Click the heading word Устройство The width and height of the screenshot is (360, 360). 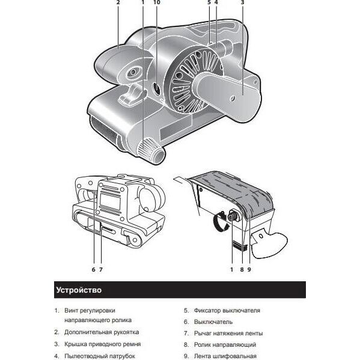pyautogui.click(x=79, y=290)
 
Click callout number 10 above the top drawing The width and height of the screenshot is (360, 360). pyautogui.click(x=157, y=2)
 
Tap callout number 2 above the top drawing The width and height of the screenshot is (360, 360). pyautogui.click(x=118, y=2)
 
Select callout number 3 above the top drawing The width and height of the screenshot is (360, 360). pyautogui.click(x=242, y=2)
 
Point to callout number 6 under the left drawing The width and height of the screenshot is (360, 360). pyautogui.click(x=93, y=269)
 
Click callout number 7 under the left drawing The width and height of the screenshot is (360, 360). pyautogui.click(x=101, y=269)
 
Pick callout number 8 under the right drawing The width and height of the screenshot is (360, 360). pyautogui.click(x=242, y=269)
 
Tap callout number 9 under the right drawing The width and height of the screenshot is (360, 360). pyautogui.click(x=249, y=269)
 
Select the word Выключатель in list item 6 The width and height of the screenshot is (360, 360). pyautogui.click(x=213, y=322)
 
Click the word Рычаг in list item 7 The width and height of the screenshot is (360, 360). pyautogui.click(x=203, y=334)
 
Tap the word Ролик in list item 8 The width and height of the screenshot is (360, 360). pyautogui.click(x=202, y=344)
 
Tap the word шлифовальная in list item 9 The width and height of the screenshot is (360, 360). pyautogui.click(x=234, y=356)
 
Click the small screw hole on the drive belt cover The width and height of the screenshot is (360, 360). pyautogui.click(x=233, y=99)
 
